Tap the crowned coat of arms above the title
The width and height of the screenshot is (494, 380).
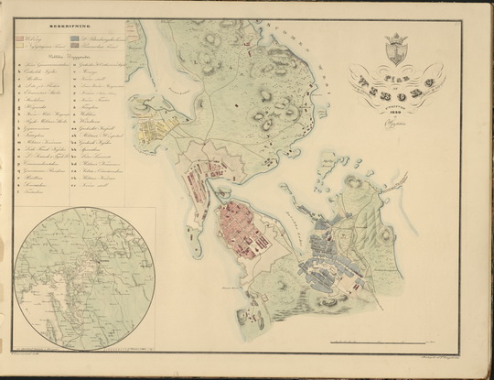[395, 49]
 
